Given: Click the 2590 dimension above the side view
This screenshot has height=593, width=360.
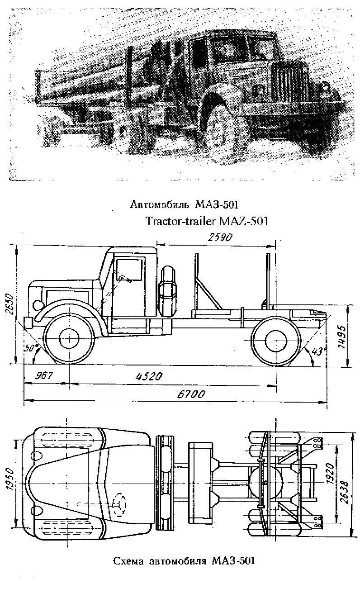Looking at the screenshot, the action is [220, 237].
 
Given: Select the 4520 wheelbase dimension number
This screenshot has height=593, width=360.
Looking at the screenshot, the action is [149, 376].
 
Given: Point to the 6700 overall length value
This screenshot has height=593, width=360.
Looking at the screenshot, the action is [191, 394].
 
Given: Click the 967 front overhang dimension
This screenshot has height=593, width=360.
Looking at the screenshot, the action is [44, 375].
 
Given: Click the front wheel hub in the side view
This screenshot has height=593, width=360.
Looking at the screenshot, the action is [69, 339].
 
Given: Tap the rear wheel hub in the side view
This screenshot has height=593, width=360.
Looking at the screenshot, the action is [275, 340].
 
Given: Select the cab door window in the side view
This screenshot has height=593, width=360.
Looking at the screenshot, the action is [129, 270].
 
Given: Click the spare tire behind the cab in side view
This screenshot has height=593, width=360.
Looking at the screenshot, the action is [167, 291].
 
